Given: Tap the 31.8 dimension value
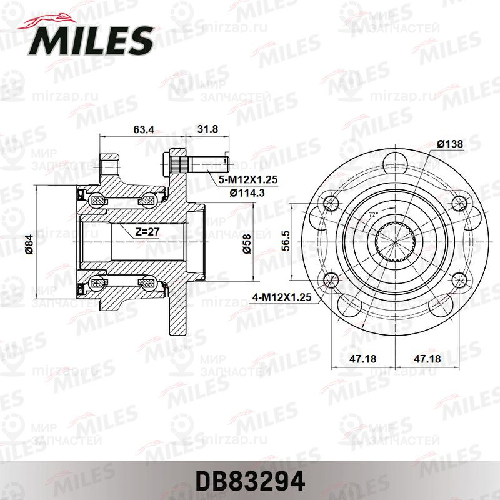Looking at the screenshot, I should [x=208, y=130].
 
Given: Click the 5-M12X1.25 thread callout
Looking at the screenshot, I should [x=247, y=180].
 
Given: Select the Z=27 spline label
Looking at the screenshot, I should [x=148, y=231].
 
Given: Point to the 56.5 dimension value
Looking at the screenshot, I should [x=285, y=239].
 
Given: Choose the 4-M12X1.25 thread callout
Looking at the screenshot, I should [x=283, y=299].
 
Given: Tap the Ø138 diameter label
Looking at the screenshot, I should [x=449, y=144].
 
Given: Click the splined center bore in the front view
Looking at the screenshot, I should [x=392, y=241].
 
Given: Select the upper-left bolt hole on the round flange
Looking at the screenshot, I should [x=331, y=201].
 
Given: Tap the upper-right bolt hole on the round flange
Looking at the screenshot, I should [x=459, y=201].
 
